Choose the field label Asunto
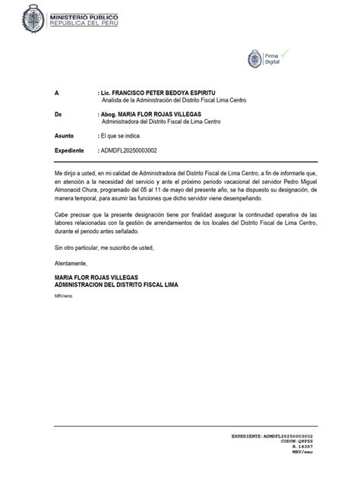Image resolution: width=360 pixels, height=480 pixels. pos(65,134)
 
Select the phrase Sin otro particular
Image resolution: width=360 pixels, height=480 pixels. pos(81,248)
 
